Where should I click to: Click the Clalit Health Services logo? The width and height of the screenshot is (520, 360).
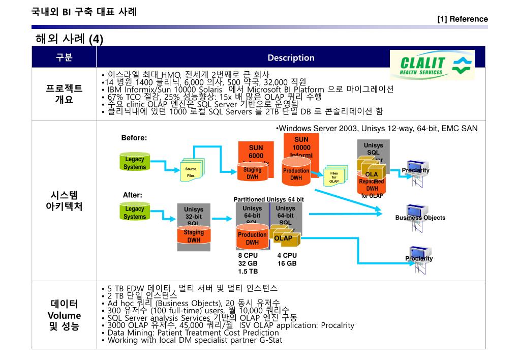(x=432, y=65)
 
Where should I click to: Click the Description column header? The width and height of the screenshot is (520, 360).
(x=291, y=58)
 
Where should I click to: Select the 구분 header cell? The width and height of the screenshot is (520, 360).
(x=64, y=58)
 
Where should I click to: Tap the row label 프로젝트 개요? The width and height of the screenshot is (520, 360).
(x=64, y=94)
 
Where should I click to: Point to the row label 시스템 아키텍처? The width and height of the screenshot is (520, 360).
(x=64, y=201)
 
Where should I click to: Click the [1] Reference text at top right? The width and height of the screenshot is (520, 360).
(x=462, y=19)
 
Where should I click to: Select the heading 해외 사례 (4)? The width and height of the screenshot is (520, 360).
(x=69, y=39)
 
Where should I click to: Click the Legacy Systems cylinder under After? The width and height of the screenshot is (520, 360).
(x=135, y=213)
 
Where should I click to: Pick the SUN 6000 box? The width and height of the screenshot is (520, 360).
(x=256, y=151)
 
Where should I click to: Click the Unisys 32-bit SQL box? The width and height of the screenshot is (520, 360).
(x=193, y=216)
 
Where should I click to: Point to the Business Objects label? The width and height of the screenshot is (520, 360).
(x=420, y=218)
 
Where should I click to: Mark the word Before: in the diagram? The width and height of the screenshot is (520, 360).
(x=134, y=138)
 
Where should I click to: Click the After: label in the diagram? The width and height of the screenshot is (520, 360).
(x=133, y=195)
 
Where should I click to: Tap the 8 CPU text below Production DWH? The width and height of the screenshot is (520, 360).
(x=248, y=255)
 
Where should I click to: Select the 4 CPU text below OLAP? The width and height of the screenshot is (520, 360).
(x=287, y=255)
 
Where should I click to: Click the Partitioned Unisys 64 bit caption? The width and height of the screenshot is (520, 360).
(x=268, y=199)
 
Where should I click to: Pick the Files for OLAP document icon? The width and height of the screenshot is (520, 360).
(x=334, y=176)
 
